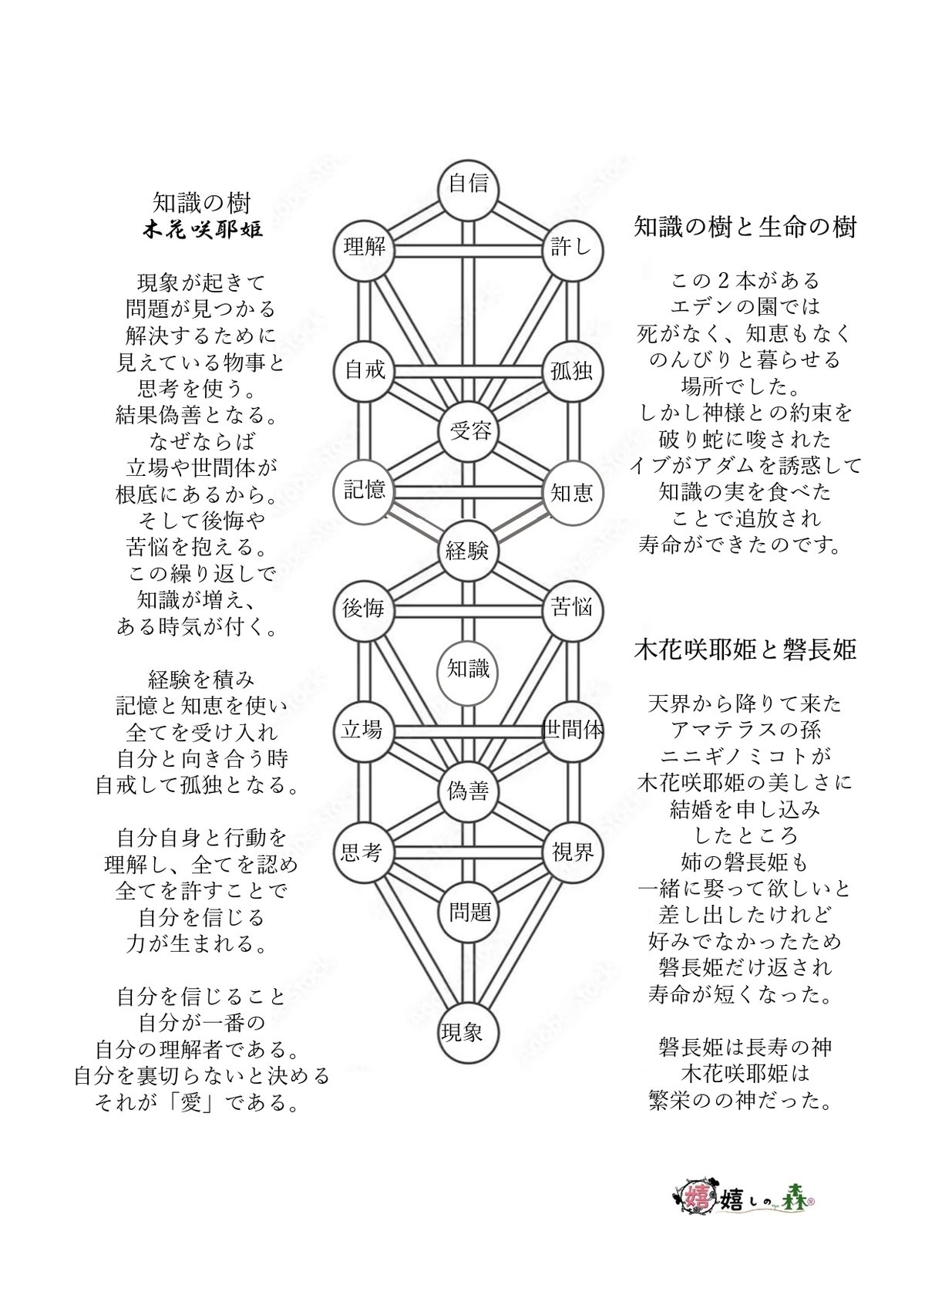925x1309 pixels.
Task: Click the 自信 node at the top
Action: coord(468,185)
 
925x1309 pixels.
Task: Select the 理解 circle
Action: coord(364,248)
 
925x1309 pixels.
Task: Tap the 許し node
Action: coord(572,248)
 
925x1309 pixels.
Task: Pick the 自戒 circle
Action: coord(364,369)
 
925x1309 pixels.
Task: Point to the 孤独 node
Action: coord(572,371)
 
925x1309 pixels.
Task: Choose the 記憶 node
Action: coord(364,491)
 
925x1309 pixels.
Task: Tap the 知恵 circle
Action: coord(572,492)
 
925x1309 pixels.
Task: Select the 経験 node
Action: coord(468,551)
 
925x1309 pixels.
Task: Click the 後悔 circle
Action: coord(364,609)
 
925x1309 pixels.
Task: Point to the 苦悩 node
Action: coord(572,609)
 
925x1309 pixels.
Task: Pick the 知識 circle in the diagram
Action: coord(469,669)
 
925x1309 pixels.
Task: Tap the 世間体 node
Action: coord(572,730)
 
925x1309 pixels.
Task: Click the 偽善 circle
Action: coord(468,791)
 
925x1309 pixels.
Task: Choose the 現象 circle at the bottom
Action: coord(462,1032)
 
